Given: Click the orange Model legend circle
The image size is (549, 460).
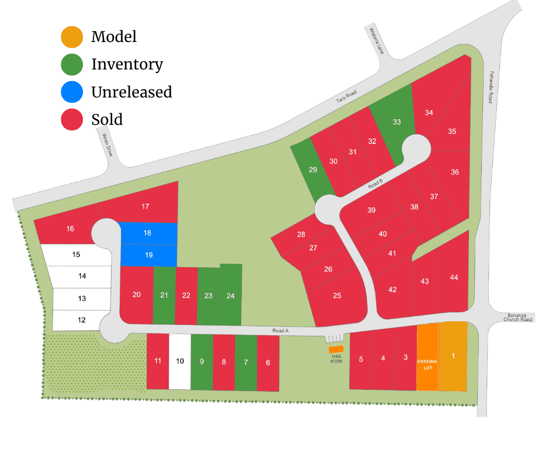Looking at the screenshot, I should pos(72,37).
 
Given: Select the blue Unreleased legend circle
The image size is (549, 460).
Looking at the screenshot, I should pos(72,92).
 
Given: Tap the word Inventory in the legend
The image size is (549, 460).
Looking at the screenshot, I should pos(127,64).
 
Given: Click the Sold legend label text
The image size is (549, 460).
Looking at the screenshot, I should pos(107,120).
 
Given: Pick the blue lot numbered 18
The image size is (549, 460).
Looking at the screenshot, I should pos(148,233).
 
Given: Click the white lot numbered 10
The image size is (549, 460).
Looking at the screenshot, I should pos(180,361).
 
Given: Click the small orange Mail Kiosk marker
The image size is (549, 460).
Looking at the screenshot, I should pos(336,349).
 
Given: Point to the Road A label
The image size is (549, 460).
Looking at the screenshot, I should pos(281,331).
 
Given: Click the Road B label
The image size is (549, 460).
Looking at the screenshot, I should pos(376,185).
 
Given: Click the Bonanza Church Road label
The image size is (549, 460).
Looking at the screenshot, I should pos(518,317).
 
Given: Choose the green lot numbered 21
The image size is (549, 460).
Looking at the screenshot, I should pos(164,295).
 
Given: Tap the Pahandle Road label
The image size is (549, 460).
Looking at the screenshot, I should pos(491,87).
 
